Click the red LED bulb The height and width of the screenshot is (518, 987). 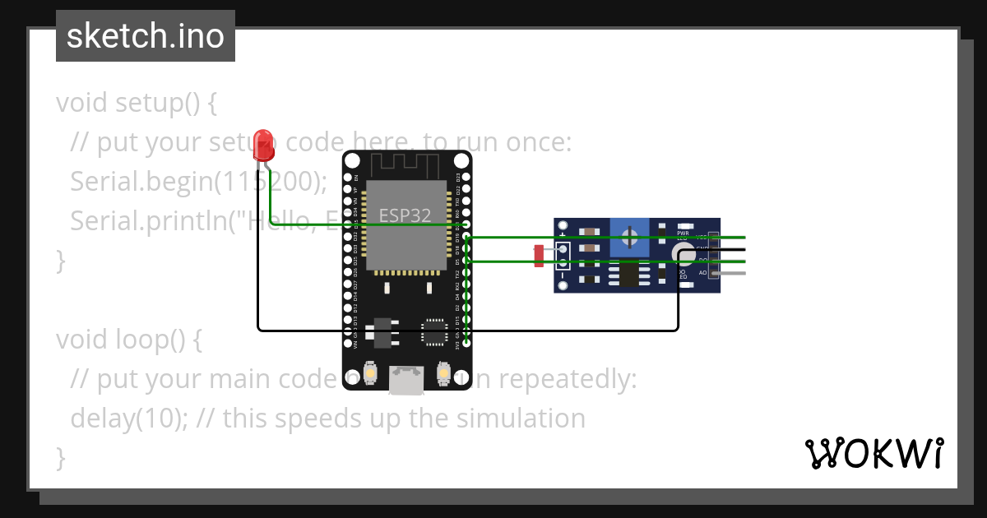click(263, 141)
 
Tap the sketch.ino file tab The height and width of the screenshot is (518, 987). click(146, 36)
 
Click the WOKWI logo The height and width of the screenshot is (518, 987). click(873, 453)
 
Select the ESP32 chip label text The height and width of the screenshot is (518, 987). click(405, 215)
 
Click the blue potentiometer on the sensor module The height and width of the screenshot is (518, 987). click(629, 238)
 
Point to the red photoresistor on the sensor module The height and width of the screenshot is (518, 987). click(540, 255)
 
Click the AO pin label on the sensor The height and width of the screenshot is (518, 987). click(702, 272)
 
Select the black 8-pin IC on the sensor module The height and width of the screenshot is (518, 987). click(630, 275)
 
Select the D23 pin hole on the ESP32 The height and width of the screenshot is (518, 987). click(466, 177)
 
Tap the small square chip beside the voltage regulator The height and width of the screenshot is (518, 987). click(433, 331)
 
